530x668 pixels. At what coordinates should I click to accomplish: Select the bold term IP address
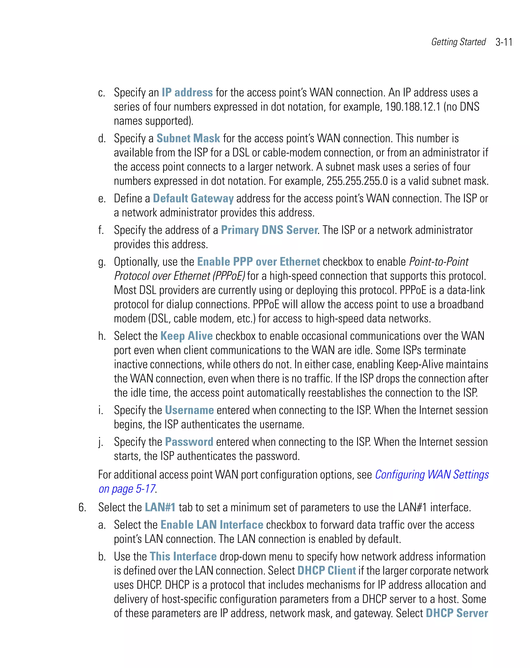pyautogui.click(x=187, y=93)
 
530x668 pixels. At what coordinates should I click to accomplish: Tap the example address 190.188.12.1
pyautogui.click(x=412, y=107)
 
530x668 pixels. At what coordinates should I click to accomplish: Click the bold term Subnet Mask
pyautogui.click(x=188, y=138)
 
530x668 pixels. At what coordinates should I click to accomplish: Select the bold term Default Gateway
pyautogui.click(x=193, y=198)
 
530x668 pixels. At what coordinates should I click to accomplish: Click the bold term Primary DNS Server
pyautogui.click(x=269, y=230)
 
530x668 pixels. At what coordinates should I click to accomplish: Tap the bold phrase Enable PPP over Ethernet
pyautogui.click(x=259, y=262)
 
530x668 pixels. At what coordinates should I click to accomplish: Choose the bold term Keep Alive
pyautogui.click(x=186, y=336)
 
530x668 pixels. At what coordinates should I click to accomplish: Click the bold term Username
pyautogui.click(x=189, y=410)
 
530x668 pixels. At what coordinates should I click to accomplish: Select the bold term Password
pyautogui.click(x=189, y=442)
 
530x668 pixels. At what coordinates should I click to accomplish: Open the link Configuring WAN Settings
pyautogui.click(x=432, y=475)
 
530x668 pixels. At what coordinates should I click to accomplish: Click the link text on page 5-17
pyautogui.click(x=127, y=489)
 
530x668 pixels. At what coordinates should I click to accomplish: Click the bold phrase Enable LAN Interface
pyautogui.click(x=212, y=525)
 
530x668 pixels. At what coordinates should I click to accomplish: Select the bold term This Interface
pyautogui.click(x=183, y=556)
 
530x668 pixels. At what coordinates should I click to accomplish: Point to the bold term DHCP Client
pyautogui.click(x=326, y=571)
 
